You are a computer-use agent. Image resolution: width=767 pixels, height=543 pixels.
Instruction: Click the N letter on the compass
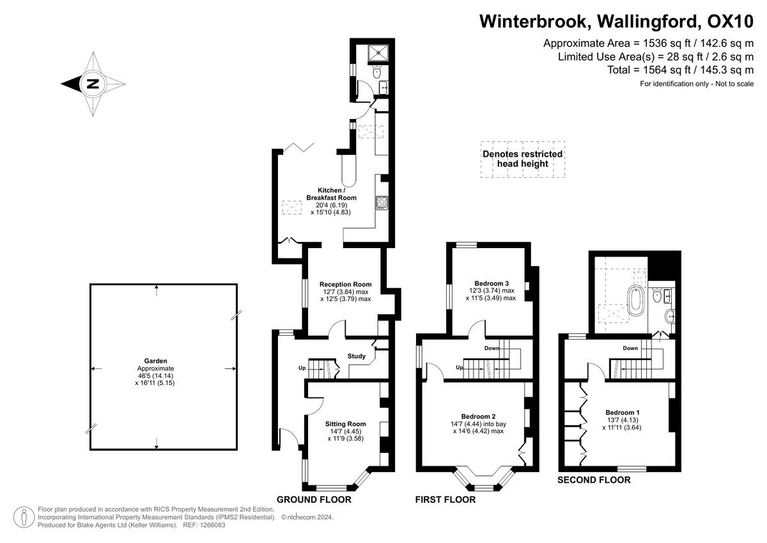click(93, 84)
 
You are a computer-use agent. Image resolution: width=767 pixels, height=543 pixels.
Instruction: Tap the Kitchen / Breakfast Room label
click(331, 194)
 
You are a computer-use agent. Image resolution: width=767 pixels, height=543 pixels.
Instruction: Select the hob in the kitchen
click(382, 203)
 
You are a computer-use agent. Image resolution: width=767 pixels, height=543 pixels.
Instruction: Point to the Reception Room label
click(346, 285)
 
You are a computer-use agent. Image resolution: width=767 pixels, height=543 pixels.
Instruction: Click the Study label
click(357, 356)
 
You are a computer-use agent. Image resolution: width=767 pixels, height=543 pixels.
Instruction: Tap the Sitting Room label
click(346, 424)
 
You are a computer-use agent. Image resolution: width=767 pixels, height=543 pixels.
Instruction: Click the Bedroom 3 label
click(492, 283)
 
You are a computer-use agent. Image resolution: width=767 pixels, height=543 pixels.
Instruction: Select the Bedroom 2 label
click(478, 416)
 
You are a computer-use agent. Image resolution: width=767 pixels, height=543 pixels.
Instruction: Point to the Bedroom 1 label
click(622, 413)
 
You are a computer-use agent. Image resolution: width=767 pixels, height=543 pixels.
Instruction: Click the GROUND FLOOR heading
click(314, 500)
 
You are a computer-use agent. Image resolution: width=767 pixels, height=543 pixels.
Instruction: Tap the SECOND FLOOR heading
click(594, 480)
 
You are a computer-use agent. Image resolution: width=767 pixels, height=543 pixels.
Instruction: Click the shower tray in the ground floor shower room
click(378, 53)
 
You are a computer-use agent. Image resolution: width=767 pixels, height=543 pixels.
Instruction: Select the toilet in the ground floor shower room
click(377, 72)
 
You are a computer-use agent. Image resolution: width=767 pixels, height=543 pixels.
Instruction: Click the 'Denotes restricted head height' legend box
click(523, 159)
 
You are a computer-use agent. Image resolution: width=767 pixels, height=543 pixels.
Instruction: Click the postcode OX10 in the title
click(731, 22)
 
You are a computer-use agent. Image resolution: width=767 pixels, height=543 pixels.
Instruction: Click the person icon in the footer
click(24, 517)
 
